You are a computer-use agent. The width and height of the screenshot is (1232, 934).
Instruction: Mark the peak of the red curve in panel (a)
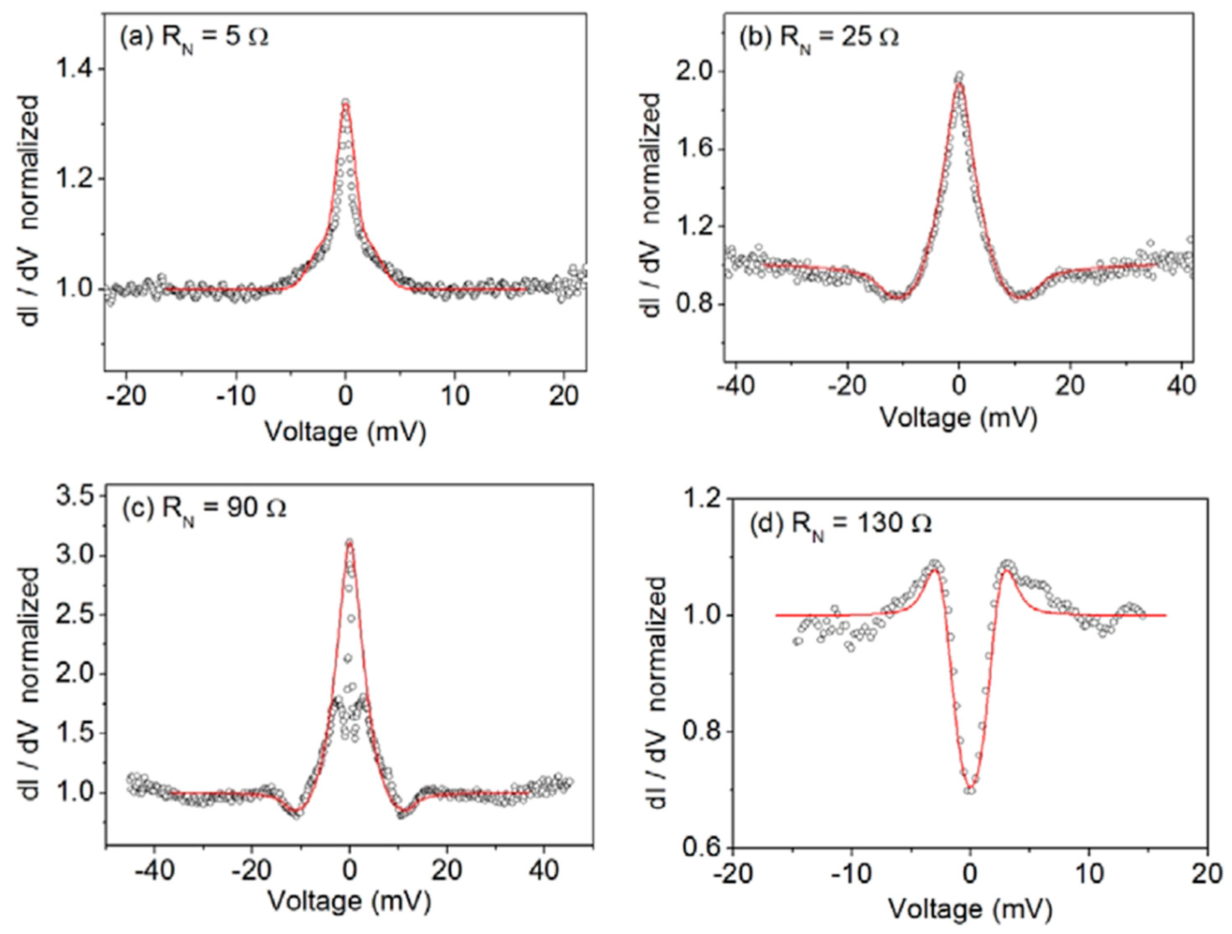coord(345,105)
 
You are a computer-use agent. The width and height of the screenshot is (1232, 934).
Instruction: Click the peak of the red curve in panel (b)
coord(959,84)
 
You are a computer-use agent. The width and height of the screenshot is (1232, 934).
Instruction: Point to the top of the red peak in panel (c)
coord(349,544)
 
